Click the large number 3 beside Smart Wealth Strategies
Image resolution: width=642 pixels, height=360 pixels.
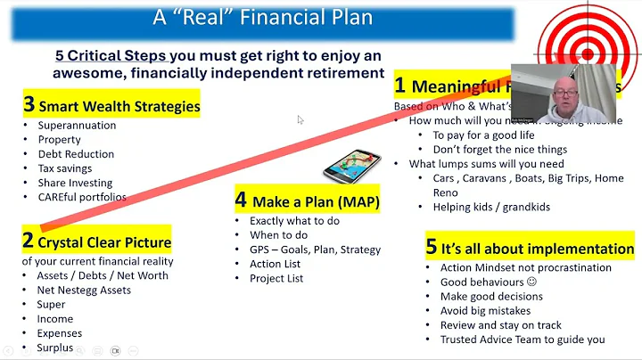coord(29,105)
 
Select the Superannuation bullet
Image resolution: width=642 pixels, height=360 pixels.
coord(77,126)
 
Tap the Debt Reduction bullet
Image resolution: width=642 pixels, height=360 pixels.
coord(75,154)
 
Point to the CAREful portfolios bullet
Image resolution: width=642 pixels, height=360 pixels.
coord(81,197)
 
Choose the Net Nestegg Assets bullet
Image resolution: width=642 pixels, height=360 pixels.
coord(83,290)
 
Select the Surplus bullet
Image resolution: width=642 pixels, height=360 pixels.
coord(56,348)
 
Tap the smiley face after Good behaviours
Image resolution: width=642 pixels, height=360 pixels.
coord(532,282)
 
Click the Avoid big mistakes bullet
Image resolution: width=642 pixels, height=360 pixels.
coord(485,310)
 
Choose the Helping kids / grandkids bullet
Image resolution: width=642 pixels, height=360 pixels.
coord(492,208)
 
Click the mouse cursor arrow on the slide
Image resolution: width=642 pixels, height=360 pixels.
coord(300,119)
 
